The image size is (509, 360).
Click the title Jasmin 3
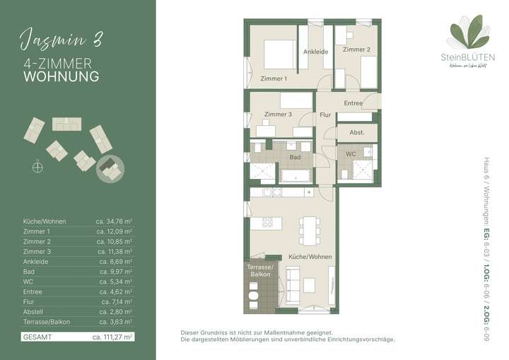[x=61, y=39]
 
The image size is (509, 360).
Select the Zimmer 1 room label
[x=274, y=79]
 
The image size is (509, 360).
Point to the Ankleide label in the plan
[x=315, y=52]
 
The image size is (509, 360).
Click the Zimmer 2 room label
[x=356, y=50]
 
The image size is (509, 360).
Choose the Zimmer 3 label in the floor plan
[x=278, y=114]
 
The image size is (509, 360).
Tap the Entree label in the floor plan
[x=353, y=103]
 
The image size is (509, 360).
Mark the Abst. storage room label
[x=356, y=132]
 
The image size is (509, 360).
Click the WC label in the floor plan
[x=351, y=153]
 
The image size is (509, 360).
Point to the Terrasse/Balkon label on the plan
[x=259, y=271]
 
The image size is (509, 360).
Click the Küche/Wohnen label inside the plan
[x=309, y=257]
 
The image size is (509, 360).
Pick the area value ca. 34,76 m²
[x=115, y=221]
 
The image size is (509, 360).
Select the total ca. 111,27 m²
[x=112, y=337]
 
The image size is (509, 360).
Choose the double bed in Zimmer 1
[x=279, y=54]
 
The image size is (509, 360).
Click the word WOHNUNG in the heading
[x=62, y=76]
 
